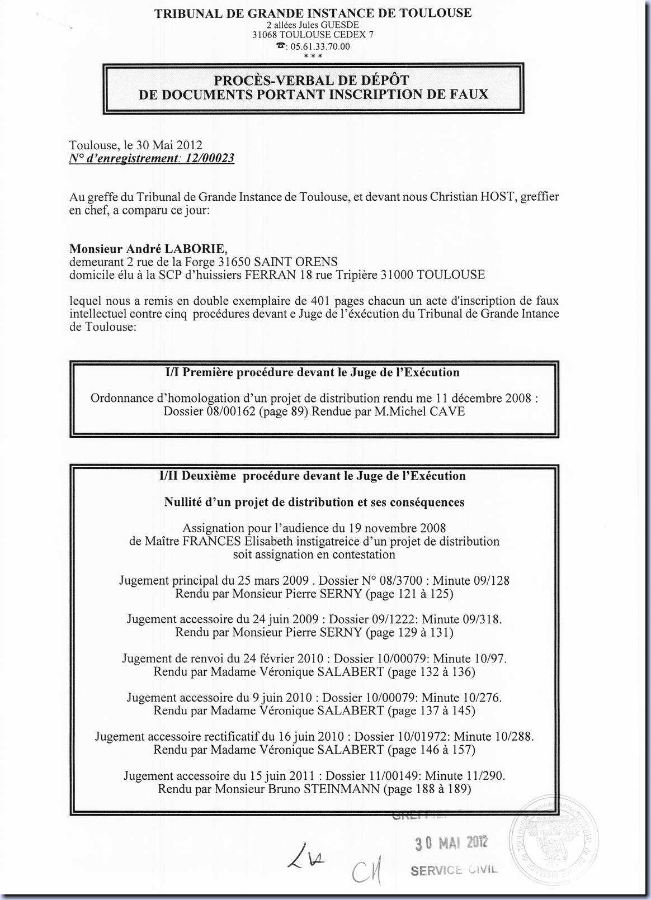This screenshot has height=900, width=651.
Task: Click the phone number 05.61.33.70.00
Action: pos(320,46)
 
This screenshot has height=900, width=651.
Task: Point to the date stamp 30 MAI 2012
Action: pos(451,842)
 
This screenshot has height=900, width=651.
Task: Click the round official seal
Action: pos(553,839)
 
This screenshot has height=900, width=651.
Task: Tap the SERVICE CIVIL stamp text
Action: pos(453,870)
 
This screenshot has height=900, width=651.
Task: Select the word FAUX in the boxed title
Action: pos(467,94)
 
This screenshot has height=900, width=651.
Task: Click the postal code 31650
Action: pos(235,262)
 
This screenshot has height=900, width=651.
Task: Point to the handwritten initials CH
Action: pos(367,871)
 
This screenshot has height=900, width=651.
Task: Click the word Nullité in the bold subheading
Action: pos(182,503)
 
